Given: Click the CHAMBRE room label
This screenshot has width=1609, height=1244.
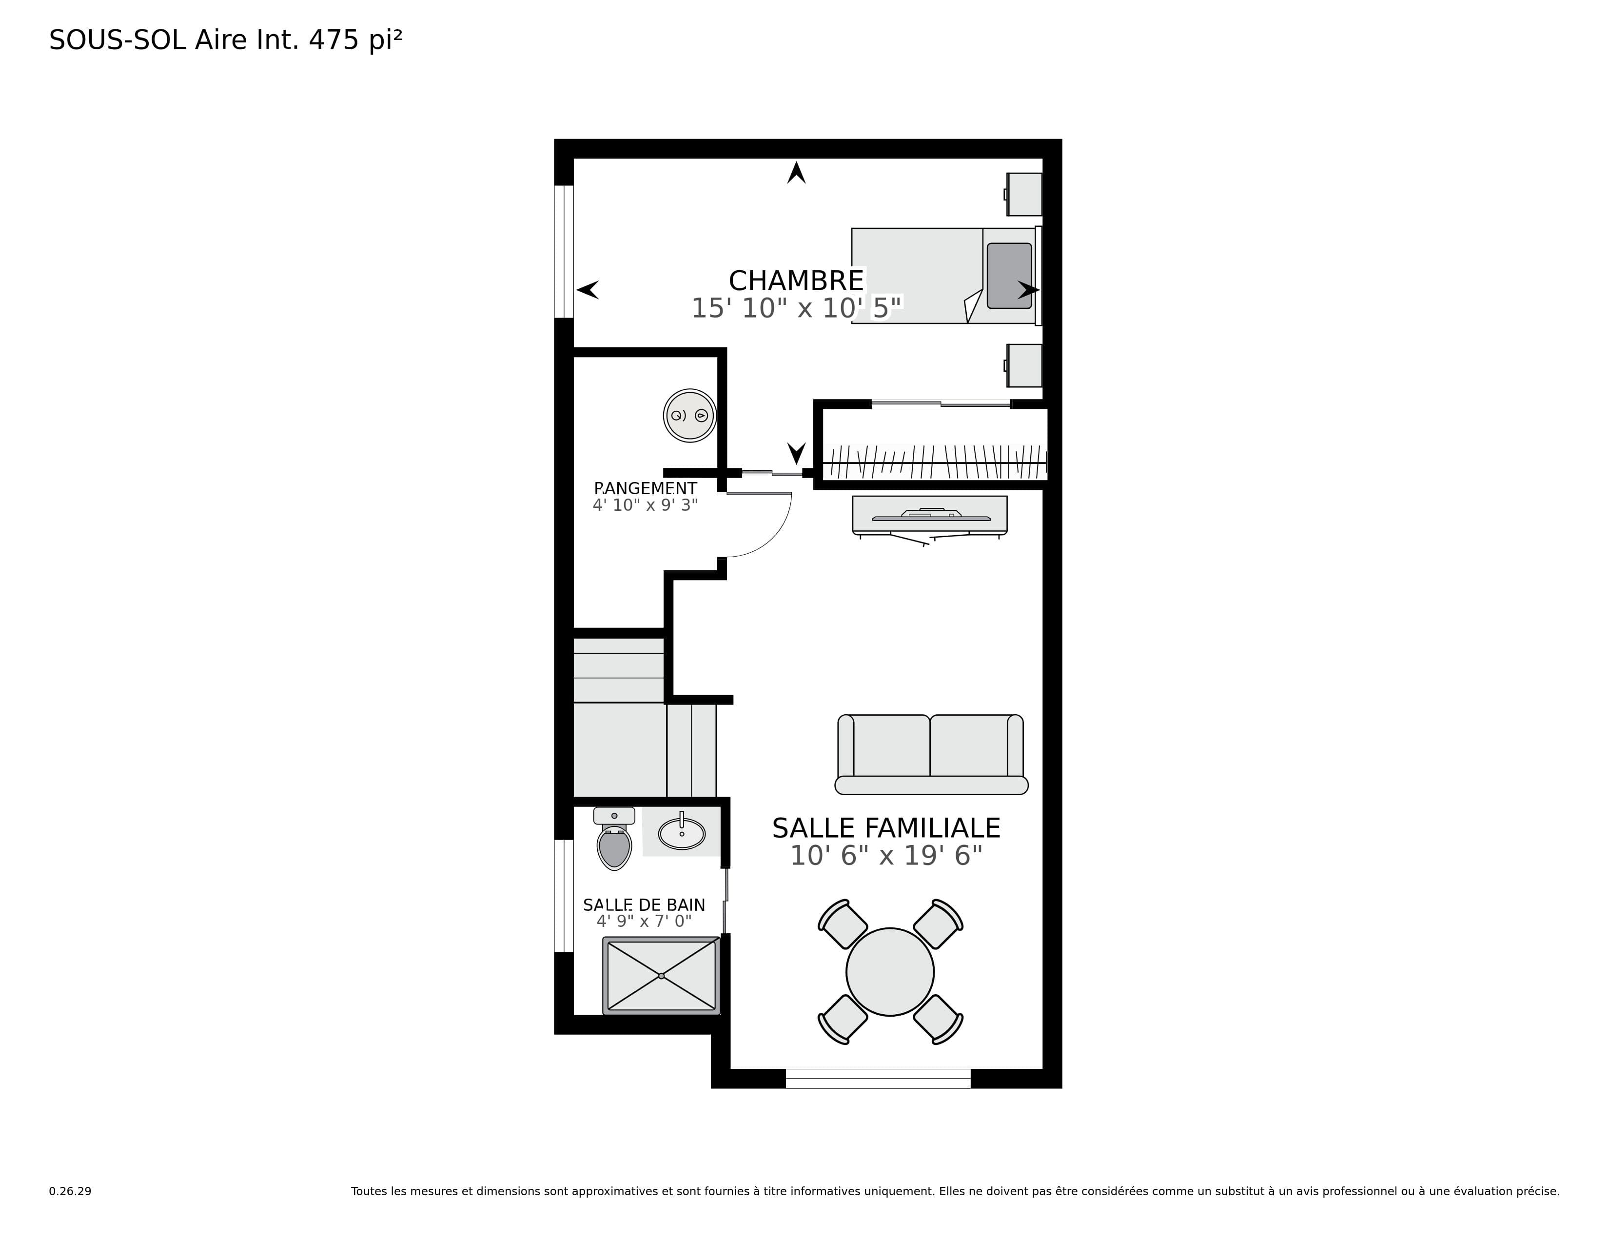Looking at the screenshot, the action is pos(796,281).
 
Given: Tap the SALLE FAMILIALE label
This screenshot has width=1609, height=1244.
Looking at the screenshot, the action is pos(886,828).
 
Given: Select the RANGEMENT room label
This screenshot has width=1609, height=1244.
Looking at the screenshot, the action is pos(646,489).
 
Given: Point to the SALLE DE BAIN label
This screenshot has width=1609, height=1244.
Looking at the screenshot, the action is pos(644,905).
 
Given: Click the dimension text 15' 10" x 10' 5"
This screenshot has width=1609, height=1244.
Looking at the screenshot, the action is pos(796,308).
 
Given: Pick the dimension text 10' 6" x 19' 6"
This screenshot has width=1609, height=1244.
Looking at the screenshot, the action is pos(886,856).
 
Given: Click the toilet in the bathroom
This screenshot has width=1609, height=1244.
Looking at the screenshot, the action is pos(614,839).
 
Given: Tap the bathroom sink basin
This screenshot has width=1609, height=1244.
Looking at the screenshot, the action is pos(682,834).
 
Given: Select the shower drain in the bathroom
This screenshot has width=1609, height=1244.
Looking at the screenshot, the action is pos(662,976).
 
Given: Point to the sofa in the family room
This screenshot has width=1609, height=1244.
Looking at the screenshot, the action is pos(931,754).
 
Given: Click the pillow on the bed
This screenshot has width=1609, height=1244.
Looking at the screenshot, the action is pos(1009,276).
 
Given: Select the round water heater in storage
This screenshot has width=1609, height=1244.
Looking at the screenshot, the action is pos(689,416).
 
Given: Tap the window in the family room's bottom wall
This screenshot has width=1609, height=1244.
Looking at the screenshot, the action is pos(878,1078).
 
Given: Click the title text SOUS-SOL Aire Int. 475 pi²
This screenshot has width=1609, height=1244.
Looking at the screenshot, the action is pos(225,40).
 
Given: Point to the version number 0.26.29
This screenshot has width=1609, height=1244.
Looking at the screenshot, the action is pos(70,1191).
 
